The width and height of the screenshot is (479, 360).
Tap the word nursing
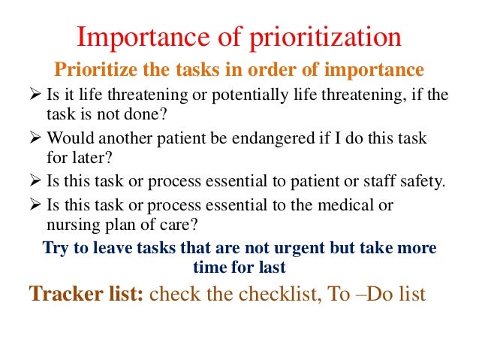(x=63, y=223)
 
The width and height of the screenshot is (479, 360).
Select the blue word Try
(x=56, y=248)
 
